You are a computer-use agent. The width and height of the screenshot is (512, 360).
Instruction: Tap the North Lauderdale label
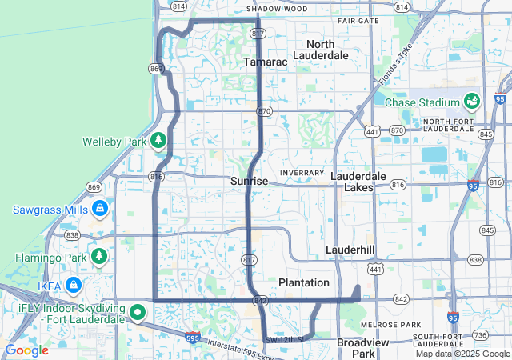pyautogui.click(x=321, y=50)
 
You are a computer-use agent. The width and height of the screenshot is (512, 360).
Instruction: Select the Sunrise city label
pyautogui.click(x=250, y=182)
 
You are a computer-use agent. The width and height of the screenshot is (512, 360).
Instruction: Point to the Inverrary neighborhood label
pyautogui.click(x=302, y=173)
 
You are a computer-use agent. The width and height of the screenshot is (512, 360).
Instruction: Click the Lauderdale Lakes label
pyautogui.click(x=358, y=182)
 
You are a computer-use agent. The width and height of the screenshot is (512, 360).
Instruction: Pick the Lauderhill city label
pyautogui.click(x=350, y=250)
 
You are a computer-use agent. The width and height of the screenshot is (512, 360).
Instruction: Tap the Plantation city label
pyautogui.click(x=304, y=282)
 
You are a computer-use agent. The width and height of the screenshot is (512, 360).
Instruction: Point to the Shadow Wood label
pyautogui.click(x=277, y=9)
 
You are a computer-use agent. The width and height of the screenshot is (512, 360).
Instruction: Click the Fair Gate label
pyautogui.click(x=358, y=21)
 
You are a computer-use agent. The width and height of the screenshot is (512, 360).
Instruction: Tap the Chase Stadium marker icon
pyautogui.click(x=471, y=102)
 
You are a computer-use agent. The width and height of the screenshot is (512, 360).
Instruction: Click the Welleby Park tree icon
pyautogui.click(x=158, y=142)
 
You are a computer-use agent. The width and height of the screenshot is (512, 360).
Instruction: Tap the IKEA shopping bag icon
pyautogui.click(x=74, y=285)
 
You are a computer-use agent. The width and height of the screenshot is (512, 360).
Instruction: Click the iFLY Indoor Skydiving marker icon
pyautogui.click(x=138, y=312)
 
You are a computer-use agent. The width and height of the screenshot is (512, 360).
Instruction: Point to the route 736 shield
pyautogui.click(x=480, y=335)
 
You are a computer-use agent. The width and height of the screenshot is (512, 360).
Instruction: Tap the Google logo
pyautogui.click(x=27, y=350)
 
